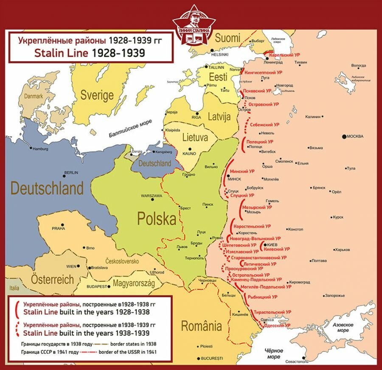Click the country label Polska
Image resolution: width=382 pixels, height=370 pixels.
pos(156,219)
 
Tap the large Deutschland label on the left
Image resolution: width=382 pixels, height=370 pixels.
pos(47,188)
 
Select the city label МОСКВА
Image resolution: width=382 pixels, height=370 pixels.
pos(355,136)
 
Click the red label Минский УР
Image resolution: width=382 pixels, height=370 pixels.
pos(242,171)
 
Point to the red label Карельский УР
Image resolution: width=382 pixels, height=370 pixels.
pos(285,55)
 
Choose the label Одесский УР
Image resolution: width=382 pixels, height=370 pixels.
pos(277,325)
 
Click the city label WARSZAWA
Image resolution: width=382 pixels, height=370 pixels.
pos(152,196)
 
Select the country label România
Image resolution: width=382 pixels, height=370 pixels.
pos(201,326)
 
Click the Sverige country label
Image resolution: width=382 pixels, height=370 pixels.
pos(97,95)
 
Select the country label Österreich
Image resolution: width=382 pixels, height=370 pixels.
pos(52,280)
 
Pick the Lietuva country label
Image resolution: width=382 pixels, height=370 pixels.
pos(195,138)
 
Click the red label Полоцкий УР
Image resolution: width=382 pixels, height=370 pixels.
pos(260,141)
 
